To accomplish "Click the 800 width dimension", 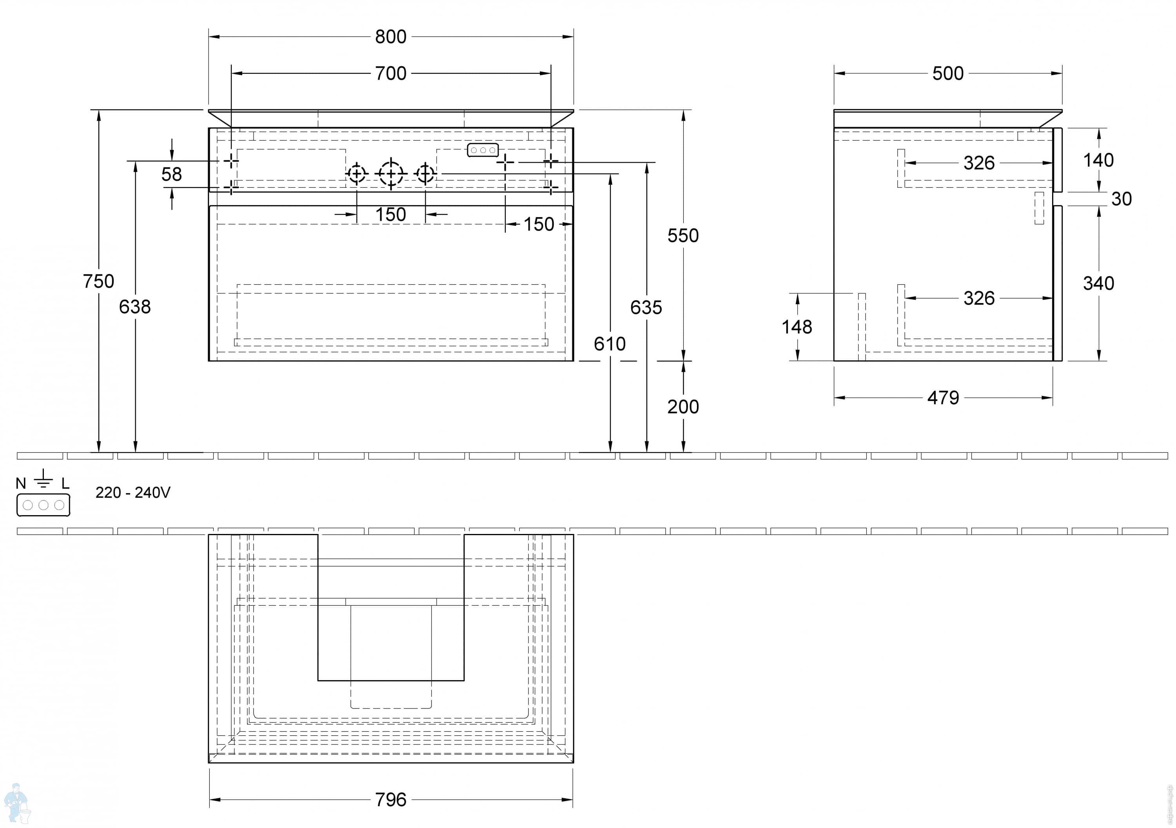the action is [x=390, y=37].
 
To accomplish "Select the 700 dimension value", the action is [x=390, y=74].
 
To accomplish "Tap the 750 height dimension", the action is [x=98, y=281].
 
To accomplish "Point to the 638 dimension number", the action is [x=135, y=307].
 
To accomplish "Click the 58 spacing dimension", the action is [x=172, y=174].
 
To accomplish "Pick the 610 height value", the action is [x=610, y=344].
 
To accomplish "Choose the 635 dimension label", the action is [x=646, y=307].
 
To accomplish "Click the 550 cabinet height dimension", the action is [x=683, y=236].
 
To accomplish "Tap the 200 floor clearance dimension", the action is [x=683, y=407].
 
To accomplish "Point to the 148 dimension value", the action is [x=797, y=327].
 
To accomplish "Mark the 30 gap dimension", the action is [x=1121, y=199].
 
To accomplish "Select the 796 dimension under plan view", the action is [x=390, y=800].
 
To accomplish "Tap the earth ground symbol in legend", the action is [x=43, y=478].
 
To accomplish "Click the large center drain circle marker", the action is [x=391, y=174].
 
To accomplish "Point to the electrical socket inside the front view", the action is [x=483, y=150].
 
